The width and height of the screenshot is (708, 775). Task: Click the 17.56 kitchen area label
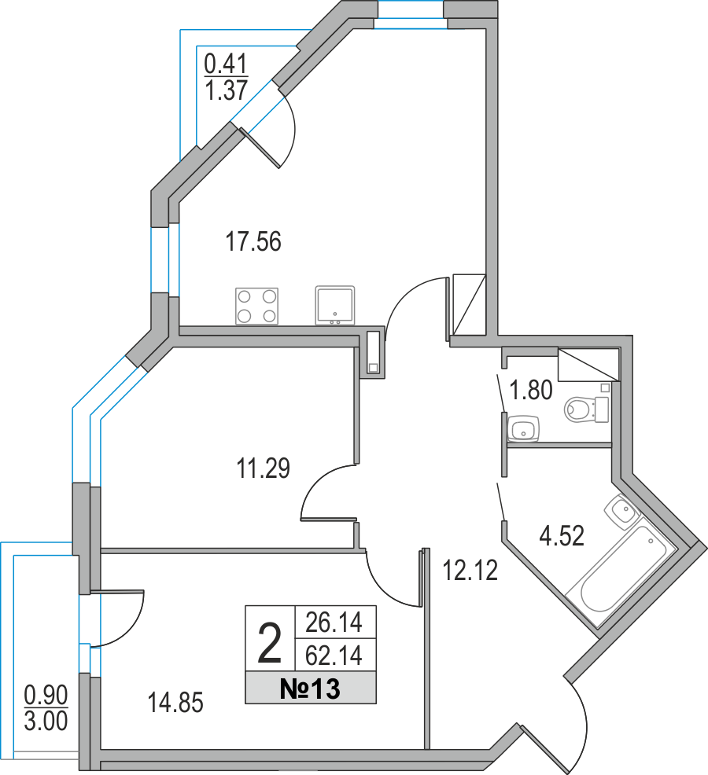253,241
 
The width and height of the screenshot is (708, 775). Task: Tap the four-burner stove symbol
256,307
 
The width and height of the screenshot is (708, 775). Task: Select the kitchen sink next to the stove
335,306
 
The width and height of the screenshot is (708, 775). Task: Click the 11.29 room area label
264,468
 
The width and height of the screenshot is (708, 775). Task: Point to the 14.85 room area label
175,703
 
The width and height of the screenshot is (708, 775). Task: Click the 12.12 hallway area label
470,571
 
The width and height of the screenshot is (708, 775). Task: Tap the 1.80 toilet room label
531,390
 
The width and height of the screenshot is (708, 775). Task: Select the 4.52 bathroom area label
562,536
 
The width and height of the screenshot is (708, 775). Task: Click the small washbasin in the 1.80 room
524,428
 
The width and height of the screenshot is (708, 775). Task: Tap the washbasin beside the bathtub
621,512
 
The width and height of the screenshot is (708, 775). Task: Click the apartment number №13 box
311,688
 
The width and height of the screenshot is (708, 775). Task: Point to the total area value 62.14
334,656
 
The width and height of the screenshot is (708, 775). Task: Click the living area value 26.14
334,623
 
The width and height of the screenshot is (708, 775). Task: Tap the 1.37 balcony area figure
226,90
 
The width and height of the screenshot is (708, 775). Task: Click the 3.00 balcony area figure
46,721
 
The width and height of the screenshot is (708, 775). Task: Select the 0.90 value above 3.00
46,696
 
